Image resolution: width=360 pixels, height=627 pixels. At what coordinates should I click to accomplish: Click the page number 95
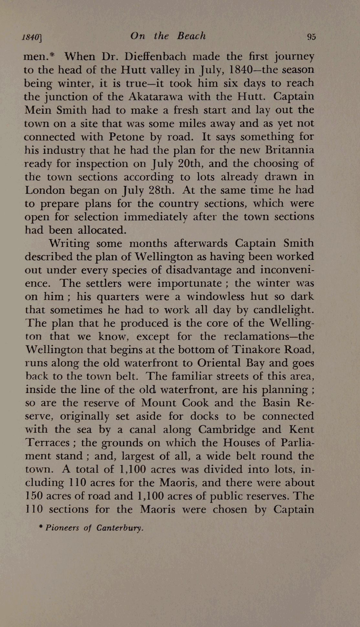point(311,37)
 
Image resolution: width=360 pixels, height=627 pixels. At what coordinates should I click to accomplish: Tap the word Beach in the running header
point(191,36)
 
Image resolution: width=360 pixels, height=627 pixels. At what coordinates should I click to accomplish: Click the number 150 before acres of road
point(34,496)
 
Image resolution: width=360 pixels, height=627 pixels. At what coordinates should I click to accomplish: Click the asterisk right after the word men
point(53,55)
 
